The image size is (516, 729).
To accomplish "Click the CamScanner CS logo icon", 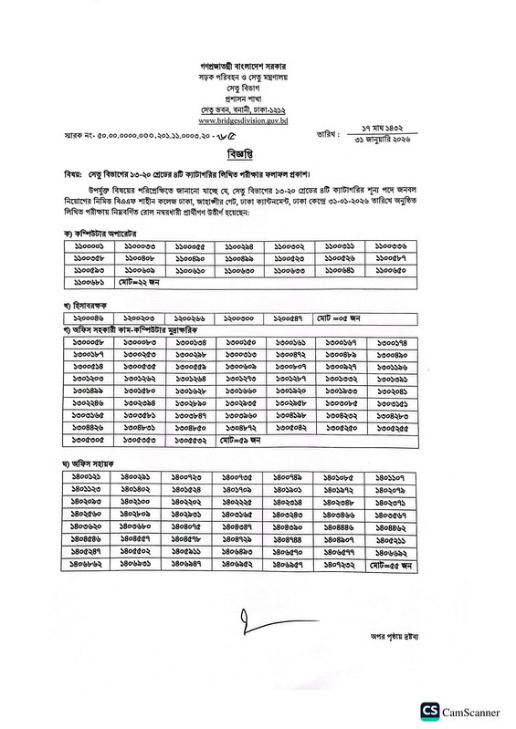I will point(429,709).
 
